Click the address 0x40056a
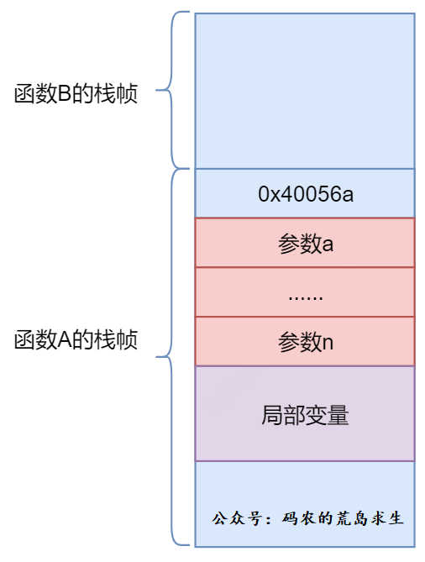[306, 194]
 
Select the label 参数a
[306, 244]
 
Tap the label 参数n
[306, 342]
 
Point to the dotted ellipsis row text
[306, 297]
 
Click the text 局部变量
[305, 415]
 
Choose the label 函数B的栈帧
[76, 93]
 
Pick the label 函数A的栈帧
[76, 339]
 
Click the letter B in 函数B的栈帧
[65, 94]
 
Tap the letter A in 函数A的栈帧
[65, 340]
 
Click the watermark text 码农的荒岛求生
[343, 518]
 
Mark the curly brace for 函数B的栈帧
[171, 90]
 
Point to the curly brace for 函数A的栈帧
[171, 357]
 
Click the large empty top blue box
[305, 91]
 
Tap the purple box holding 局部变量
[305, 413]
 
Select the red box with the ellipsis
[305, 292]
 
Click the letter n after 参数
[328, 343]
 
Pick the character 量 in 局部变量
[338, 415]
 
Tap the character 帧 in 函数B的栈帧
[127, 93]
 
